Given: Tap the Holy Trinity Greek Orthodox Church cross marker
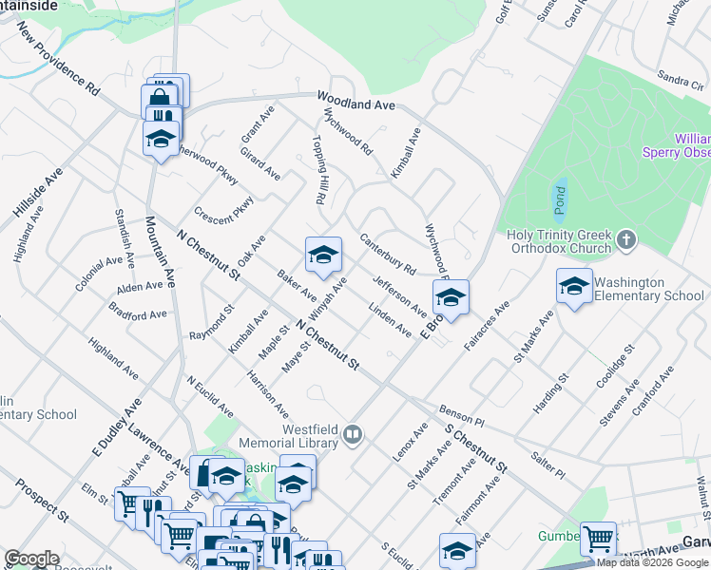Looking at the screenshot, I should tap(625, 239).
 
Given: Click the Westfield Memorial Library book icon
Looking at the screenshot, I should tap(354, 435).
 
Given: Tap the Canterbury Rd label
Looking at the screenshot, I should tap(388, 255).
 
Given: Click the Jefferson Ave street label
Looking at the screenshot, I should tap(400, 296).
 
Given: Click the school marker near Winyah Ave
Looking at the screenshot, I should tap(323, 255).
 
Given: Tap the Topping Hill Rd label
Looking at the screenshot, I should tap(318, 170).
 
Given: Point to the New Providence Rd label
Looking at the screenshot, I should tap(58, 60).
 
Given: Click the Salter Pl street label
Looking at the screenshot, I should tap(548, 465).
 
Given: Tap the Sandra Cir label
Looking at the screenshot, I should tap(680, 78).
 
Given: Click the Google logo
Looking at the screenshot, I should tap(31, 559).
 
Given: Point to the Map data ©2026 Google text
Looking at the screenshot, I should tap(653, 562).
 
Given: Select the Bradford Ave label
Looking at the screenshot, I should tap(138, 312).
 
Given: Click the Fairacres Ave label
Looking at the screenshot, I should tap(488, 324).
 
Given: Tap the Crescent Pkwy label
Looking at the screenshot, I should tap(223, 207).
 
